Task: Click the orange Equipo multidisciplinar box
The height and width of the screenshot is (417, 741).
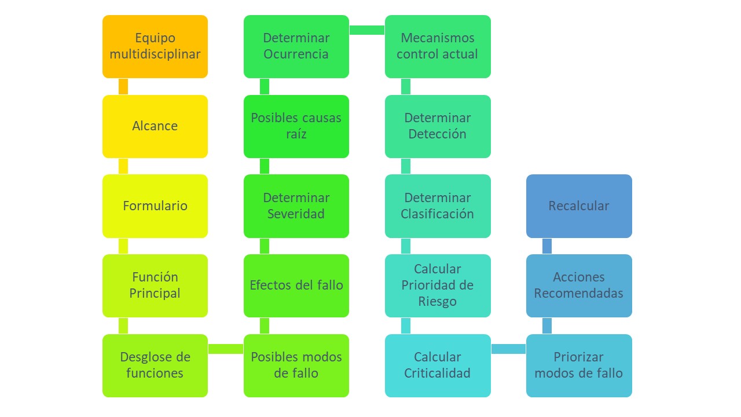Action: point(155,46)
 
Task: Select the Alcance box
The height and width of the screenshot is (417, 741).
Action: point(155,126)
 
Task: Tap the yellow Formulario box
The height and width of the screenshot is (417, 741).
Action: point(155,206)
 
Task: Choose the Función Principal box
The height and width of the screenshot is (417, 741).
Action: point(155,286)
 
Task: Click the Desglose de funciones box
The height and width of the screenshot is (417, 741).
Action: point(155,365)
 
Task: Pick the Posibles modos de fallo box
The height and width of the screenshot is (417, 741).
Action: point(296,365)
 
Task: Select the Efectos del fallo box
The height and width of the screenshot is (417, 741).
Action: point(296,286)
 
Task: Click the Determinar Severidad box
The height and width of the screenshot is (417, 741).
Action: point(296,206)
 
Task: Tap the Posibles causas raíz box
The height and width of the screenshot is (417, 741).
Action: point(296,126)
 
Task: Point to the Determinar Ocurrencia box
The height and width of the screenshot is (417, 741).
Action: point(296,46)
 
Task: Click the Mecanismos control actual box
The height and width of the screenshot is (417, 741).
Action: point(438,46)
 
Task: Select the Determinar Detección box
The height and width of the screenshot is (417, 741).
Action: point(438,126)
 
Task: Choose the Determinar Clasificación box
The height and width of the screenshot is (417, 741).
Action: point(438,206)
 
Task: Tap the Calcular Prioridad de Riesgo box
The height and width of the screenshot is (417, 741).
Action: point(438,286)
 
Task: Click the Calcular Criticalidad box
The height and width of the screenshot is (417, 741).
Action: point(438,365)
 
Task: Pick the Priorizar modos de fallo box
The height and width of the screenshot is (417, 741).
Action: point(579,365)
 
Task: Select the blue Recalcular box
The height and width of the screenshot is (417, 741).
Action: point(579,206)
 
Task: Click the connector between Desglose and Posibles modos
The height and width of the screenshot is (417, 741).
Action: point(226,349)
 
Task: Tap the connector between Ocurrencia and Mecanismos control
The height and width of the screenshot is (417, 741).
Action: point(367,30)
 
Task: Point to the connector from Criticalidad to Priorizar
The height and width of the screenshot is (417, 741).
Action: point(508,349)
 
